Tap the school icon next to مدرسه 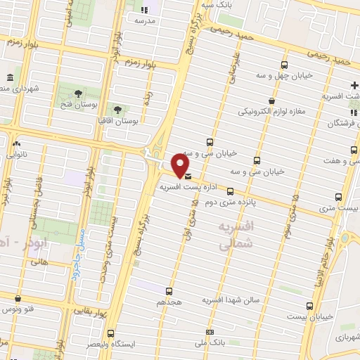[x=144, y=10]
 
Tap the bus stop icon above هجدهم [x=169, y=291]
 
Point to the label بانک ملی [x=210, y=342]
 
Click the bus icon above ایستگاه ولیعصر [x=110, y=334]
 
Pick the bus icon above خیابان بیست [x=310, y=306]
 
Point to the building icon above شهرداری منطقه [x=8, y=77]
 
